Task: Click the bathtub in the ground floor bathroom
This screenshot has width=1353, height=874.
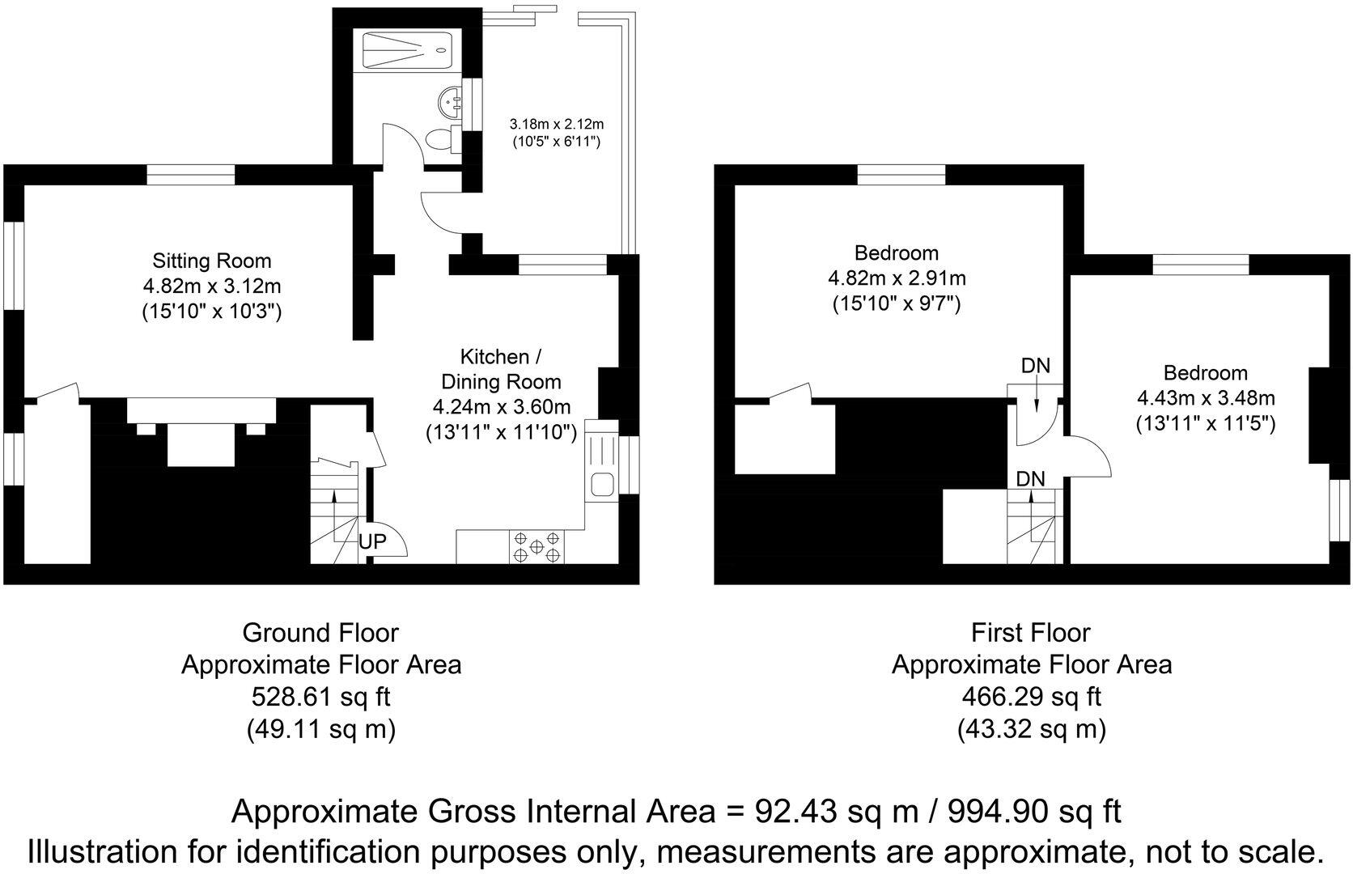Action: click(406, 49)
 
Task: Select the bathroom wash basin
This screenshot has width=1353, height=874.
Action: click(448, 102)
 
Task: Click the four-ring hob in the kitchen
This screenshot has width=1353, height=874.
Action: click(536, 546)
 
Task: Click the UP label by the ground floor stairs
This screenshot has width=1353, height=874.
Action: click(373, 541)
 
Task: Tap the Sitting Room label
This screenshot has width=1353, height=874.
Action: click(212, 261)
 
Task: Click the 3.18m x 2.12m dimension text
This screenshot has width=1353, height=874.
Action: click(557, 125)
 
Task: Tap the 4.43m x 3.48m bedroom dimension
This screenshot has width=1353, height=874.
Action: click(1206, 398)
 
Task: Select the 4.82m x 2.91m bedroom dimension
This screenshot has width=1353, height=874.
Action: click(897, 279)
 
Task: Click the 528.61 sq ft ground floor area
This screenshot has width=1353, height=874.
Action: click(320, 696)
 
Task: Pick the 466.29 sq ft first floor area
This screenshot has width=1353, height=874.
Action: click(1031, 696)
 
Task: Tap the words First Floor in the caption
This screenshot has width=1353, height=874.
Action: click(1031, 632)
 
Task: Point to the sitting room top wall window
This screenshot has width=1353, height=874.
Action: click(191, 175)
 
